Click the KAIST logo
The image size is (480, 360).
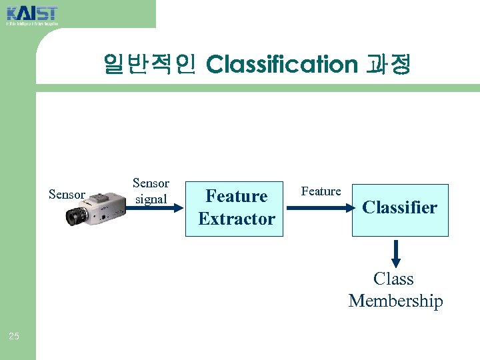tap(32, 13)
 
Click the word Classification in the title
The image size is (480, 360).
tap(282, 65)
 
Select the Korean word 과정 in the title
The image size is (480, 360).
tap(389, 65)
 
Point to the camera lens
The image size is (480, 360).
tap(77, 216)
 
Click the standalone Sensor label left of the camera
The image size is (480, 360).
tap(67, 195)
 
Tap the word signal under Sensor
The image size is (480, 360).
tap(151, 199)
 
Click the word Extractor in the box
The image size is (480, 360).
tap(237, 219)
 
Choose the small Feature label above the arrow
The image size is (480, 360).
tap(321, 191)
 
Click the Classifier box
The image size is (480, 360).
tap(400, 209)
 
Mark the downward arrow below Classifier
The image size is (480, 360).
tap(396, 253)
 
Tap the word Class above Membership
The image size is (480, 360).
tap(393, 279)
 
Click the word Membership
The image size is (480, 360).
tap(395, 301)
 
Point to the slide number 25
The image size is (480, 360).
tap(14, 336)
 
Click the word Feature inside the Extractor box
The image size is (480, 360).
tap(237, 196)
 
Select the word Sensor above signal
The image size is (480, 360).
tap(151, 183)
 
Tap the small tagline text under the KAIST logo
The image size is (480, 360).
tap(32, 24)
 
